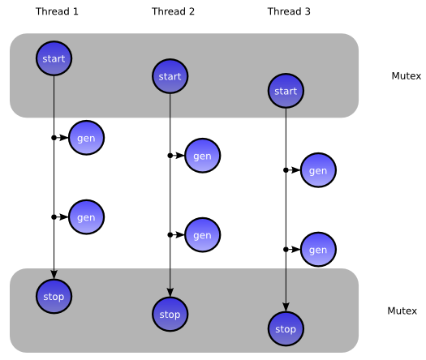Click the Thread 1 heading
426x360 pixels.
point(57,11)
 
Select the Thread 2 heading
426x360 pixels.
point(173,11)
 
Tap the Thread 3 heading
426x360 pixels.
point(289,11)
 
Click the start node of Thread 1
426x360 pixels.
point(54,58)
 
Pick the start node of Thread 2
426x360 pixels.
point(170,76)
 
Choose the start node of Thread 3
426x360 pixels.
point(286,91)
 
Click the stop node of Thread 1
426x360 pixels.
point(54,297)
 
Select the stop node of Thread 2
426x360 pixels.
point(170,315)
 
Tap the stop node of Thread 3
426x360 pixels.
point(286,329)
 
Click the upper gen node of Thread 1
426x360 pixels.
point(86,138)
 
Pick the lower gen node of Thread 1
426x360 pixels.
point(86,217)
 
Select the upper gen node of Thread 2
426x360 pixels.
point(202,156)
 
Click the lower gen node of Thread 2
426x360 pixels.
point(202,235)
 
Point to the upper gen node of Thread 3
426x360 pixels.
point(318,170)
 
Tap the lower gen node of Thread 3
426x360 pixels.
point(318,250)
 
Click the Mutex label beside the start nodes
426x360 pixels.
point(407,75)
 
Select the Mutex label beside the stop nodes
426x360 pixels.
point(402,311)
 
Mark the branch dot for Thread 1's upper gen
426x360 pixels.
point(54,138)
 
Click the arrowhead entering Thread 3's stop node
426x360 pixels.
point(286,307)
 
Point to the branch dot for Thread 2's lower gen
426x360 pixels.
point(170,235)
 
